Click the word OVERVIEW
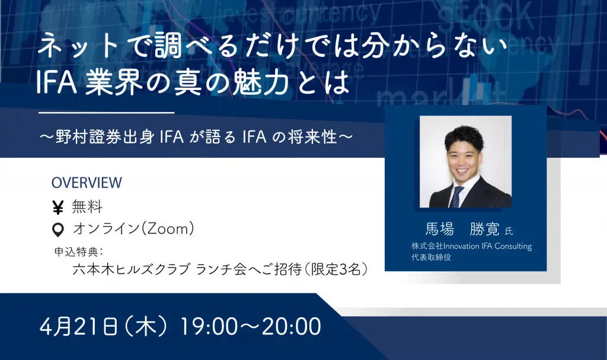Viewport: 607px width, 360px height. pyautogui.click(x=87, y=183)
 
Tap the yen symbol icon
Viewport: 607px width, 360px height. pyautogui.click(x=57, y=208)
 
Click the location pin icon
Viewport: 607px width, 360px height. pyautogui.click(x=58, y=230)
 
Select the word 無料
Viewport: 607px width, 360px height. pyautogui.click(x=87, y=207)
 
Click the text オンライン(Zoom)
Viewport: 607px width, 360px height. pyautogui.click(x=133, y=229)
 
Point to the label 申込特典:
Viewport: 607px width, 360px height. pyautogui.click(x=79, y=251)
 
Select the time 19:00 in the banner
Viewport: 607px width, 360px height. pyautogui.click(x=209, y=326)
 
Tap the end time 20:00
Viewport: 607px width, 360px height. pyautogui.click(x=292, y=326)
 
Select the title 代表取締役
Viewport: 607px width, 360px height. pyautogui.click(x=432, y=257)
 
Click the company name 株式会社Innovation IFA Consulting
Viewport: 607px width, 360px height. pyautogui.click(x=471, y=246)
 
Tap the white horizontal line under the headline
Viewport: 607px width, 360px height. pyautogui.click(x=107, y=113)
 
